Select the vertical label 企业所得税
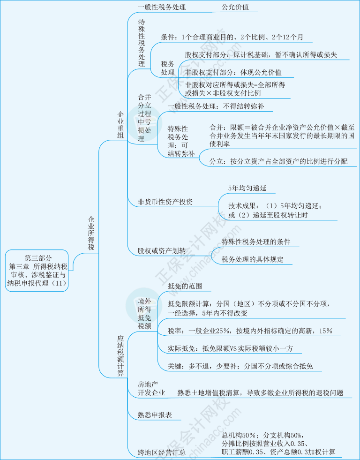coord(91,233)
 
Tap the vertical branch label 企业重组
coord(120,124)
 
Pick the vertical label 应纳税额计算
coord(120,355)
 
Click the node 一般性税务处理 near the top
coord(162,7)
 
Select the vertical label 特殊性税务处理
coord(142,43)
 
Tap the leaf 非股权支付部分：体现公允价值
coord(233,72)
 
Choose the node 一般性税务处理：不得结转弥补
coord(216,106)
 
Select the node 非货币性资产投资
coord(165,202)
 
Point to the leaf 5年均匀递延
coord(247,188)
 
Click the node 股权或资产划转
coord(162,251)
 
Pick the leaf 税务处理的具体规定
coord(252,259)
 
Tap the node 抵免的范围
coord(185,286)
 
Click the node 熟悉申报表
coord(155,415)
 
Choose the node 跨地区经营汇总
coord(161,452)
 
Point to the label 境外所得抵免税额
coord(144,313)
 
